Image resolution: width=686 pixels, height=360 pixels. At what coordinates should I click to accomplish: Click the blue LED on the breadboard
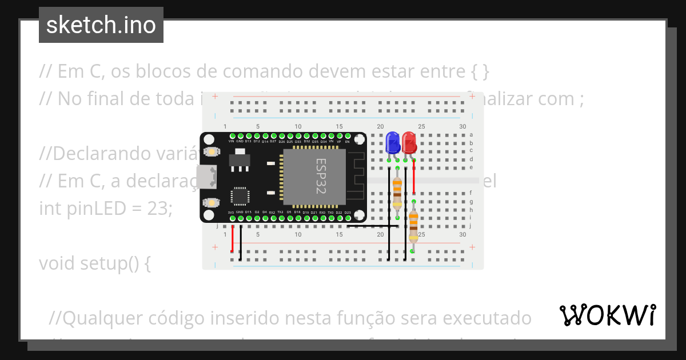(x=393, y=142)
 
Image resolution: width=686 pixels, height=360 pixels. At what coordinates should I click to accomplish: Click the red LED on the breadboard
(x=409, y=142)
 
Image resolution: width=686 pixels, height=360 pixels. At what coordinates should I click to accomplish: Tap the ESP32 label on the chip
(x=321, y=176)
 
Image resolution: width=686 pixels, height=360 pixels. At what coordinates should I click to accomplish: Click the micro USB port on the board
(x=206, y=177)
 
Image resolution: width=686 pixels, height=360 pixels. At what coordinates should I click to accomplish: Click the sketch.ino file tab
(x=101, y=25)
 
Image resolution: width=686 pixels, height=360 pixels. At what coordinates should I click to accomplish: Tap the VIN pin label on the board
(x=232, y=141)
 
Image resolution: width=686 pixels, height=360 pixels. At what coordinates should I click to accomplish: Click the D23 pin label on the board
(x=348, y=212)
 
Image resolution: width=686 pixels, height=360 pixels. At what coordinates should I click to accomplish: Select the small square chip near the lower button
(x=240, y=196)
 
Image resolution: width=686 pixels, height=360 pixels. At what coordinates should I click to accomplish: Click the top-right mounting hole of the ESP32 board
(x=359, y=139)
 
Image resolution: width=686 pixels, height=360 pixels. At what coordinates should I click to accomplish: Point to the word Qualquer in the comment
(x=95, y=318)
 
